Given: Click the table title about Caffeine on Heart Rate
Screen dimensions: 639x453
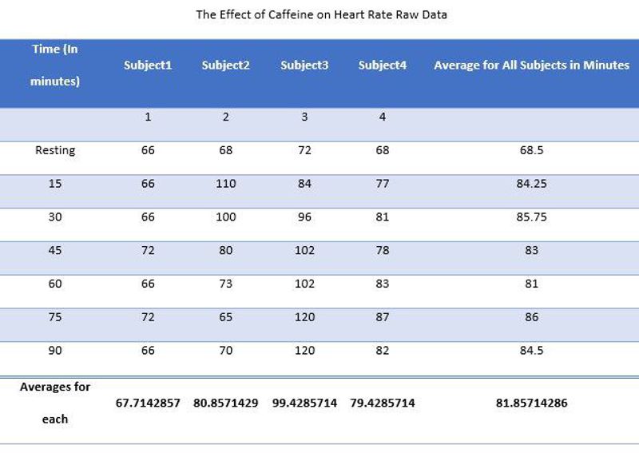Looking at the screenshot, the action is click(x=321, y=14).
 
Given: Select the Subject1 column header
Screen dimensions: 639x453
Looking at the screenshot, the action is click(x=148, y=66).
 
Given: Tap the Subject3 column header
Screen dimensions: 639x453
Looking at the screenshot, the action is click(x=304, y=66).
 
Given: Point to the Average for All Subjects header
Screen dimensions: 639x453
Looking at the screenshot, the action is click(x=531, y=66).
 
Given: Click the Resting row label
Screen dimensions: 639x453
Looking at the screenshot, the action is click(x=55, y=150).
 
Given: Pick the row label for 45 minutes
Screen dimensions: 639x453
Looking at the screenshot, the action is click(x=55, y=250).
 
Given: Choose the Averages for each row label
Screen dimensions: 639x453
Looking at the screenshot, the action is click(x=55, y=403).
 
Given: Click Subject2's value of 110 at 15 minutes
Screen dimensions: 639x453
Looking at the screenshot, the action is click(x=226, y=184).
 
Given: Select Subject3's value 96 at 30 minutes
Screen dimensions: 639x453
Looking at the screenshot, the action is click(x=304, y=217).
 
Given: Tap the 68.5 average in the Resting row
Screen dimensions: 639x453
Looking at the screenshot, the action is click(x=531, y=150).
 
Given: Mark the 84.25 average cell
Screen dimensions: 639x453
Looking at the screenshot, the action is click(x=531, y=184).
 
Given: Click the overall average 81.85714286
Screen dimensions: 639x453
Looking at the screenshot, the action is click(x=531, y=403).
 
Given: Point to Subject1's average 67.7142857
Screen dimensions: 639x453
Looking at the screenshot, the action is click(x=148, y=403).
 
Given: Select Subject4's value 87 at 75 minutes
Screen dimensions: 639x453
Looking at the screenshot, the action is click(x=383, y=317).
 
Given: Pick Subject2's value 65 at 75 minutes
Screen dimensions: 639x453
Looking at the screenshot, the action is click(x=226, y=317).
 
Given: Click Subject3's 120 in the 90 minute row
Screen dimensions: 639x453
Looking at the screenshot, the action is click(x=304, y=350).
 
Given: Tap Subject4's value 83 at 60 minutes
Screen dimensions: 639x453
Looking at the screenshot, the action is click(x=383, y=284).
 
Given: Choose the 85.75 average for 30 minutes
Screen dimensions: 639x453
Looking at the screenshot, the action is click(x=531, y=217).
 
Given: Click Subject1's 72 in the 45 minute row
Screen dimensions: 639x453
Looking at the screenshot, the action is click(x=148, y=250).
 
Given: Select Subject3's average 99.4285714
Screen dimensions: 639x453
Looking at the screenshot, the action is click(x=304, y=403).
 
